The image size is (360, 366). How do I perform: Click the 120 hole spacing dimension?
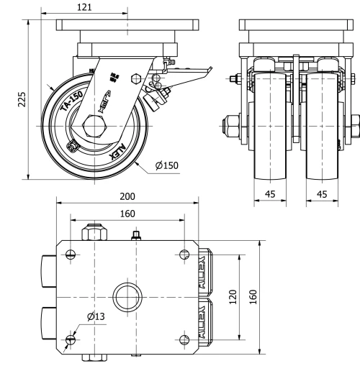pyautogui.click(x=232, y=296)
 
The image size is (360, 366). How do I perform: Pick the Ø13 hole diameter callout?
pyautogui.click(x=95, y=317)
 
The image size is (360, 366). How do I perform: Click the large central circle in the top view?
pyautogui.click(x=127, y=296)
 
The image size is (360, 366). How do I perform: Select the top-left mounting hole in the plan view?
pyautogui.click(x=70, y=254)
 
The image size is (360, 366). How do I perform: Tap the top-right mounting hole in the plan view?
pyautogui.click(x=184, y=254)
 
